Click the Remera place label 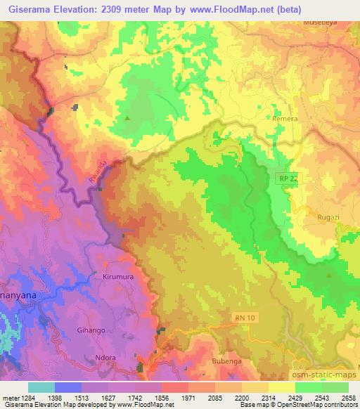[x=285, y=119]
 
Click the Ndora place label [x=105, y=357]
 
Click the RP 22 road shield [x=282, y=180]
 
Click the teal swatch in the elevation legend [x=41, y=387]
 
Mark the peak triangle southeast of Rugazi [x=327, y=277]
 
